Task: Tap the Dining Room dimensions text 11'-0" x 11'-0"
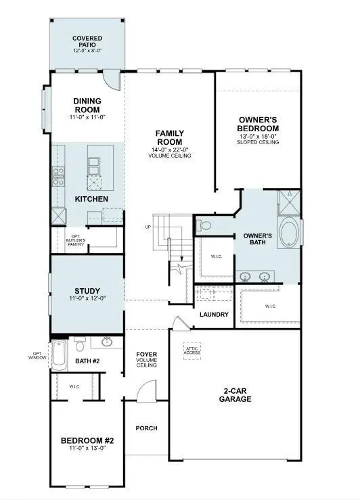[x=87, y=118]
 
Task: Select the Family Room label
[x=169, y=137]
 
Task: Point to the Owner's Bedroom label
[x=258, y=124]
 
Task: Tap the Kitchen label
[x=91, y=199]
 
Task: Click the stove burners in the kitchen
[x=58, y=177]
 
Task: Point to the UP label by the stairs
[x=148, y=227]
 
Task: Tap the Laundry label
[x=214, y=315]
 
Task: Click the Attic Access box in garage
[x=193, y=350]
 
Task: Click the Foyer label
[x=146, y=355]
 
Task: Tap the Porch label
[x=146, y=428]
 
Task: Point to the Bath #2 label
[x=87, y=361]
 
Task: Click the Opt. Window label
[x=37, y=355]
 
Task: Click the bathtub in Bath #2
[x=60, y=355]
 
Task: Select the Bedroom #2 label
[x=87, y=441]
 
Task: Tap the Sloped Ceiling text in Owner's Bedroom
[x=258, y=142]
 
